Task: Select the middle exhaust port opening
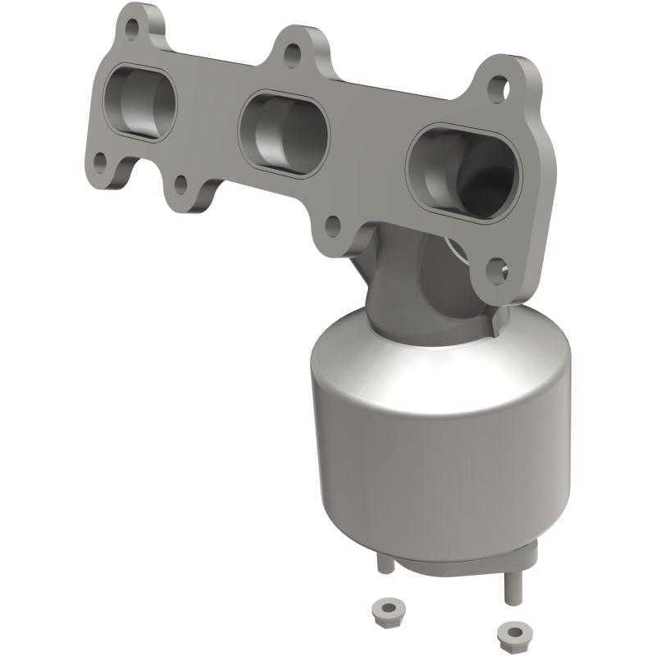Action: (283, 135)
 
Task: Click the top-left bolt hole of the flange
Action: (134, 27)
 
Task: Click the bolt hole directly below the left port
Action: (99, 162)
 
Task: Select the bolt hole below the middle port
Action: (332, 224)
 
